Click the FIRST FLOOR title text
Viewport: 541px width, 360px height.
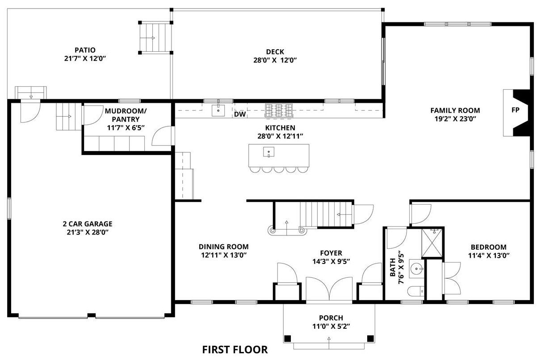pos(235,350)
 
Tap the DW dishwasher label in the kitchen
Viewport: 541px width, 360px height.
pos(240,114)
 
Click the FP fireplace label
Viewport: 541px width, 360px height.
pos(516,110)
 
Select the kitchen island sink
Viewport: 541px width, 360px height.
pos(268,152)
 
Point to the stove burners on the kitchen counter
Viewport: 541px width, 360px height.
pos(279,110)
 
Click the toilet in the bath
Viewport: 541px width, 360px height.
pos(415,291)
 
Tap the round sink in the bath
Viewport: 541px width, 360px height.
pos(417,268)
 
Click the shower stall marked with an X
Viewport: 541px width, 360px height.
pos(432,243)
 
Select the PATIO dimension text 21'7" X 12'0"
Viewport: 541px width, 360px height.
pos(85,59)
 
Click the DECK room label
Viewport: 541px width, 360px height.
pos(275,52)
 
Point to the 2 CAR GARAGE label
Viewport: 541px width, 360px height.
pos(88,224)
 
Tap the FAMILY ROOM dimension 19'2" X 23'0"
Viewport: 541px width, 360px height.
pos(455,119)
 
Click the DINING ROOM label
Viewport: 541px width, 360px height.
pos(224,247)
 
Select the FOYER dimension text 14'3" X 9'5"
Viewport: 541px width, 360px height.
pos(331,261)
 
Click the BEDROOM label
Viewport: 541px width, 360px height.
pos(489,247)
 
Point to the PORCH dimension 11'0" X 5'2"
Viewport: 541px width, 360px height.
pos(331,327)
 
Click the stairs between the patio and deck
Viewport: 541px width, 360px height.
pos(155,38)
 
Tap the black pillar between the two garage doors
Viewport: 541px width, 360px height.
pos(91,315)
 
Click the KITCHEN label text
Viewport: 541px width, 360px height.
pos(280,128)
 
